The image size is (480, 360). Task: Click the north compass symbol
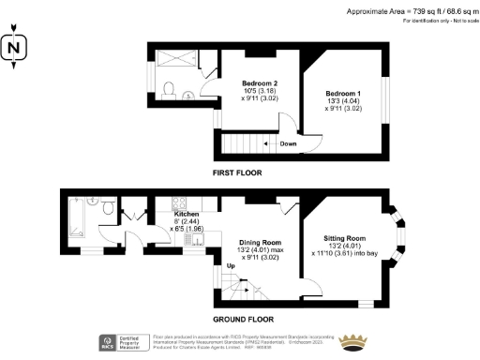12,49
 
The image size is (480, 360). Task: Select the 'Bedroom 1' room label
343,94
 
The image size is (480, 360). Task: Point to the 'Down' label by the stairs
289,143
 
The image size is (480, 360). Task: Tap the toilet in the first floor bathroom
168,89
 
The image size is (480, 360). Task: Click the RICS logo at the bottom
108,341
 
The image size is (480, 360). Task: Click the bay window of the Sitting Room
404,235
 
